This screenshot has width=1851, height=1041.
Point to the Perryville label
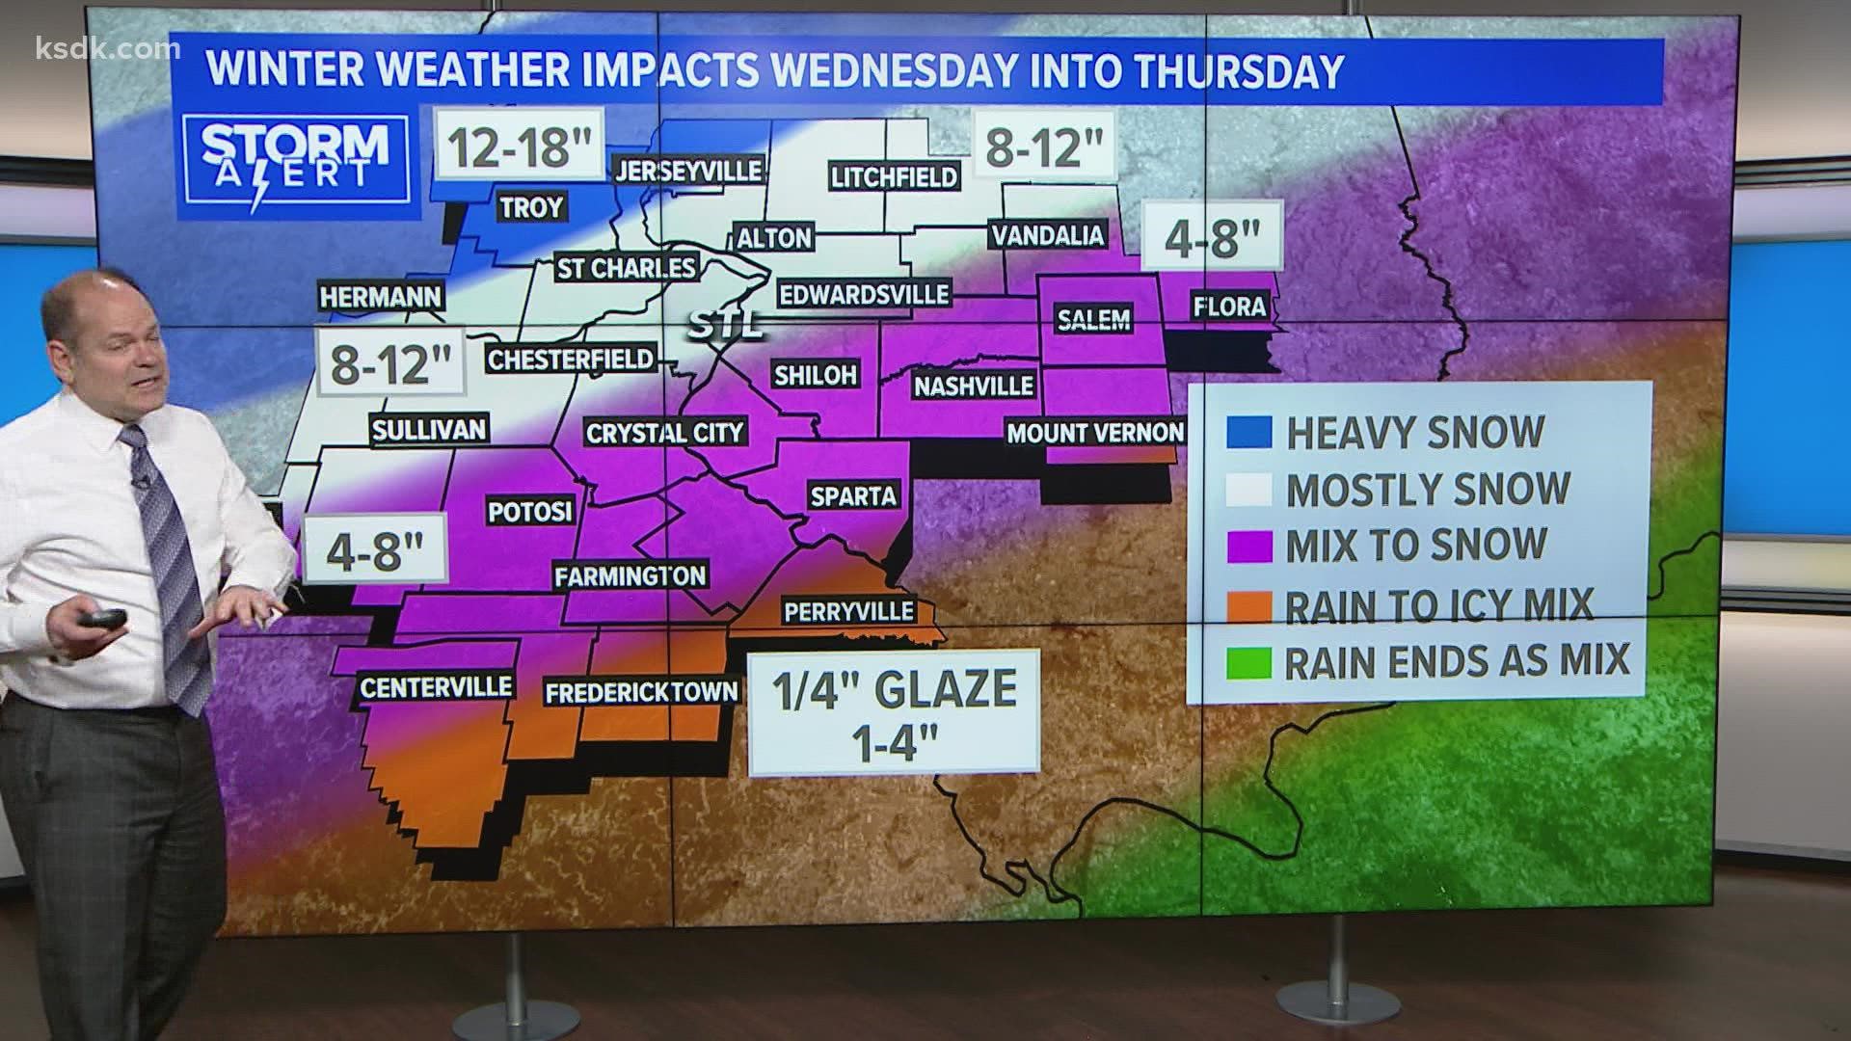click(x=848, y=612)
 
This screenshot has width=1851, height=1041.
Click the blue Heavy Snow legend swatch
click(x=1249, y=433)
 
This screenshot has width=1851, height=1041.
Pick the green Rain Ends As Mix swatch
click(x=1249, y=662)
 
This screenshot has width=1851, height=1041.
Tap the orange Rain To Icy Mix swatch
click(x=1249, y=605)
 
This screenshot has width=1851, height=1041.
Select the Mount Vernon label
click(x=1095, y=433)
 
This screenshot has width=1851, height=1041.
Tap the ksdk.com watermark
click(x=94, y=49)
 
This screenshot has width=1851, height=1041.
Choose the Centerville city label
click(x=436, y=687)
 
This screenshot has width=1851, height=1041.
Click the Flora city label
click(x=1228, y=307)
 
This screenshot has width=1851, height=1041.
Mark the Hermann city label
click(x=381, y=298)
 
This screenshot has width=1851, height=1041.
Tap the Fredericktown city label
click(x=641, y=692)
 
